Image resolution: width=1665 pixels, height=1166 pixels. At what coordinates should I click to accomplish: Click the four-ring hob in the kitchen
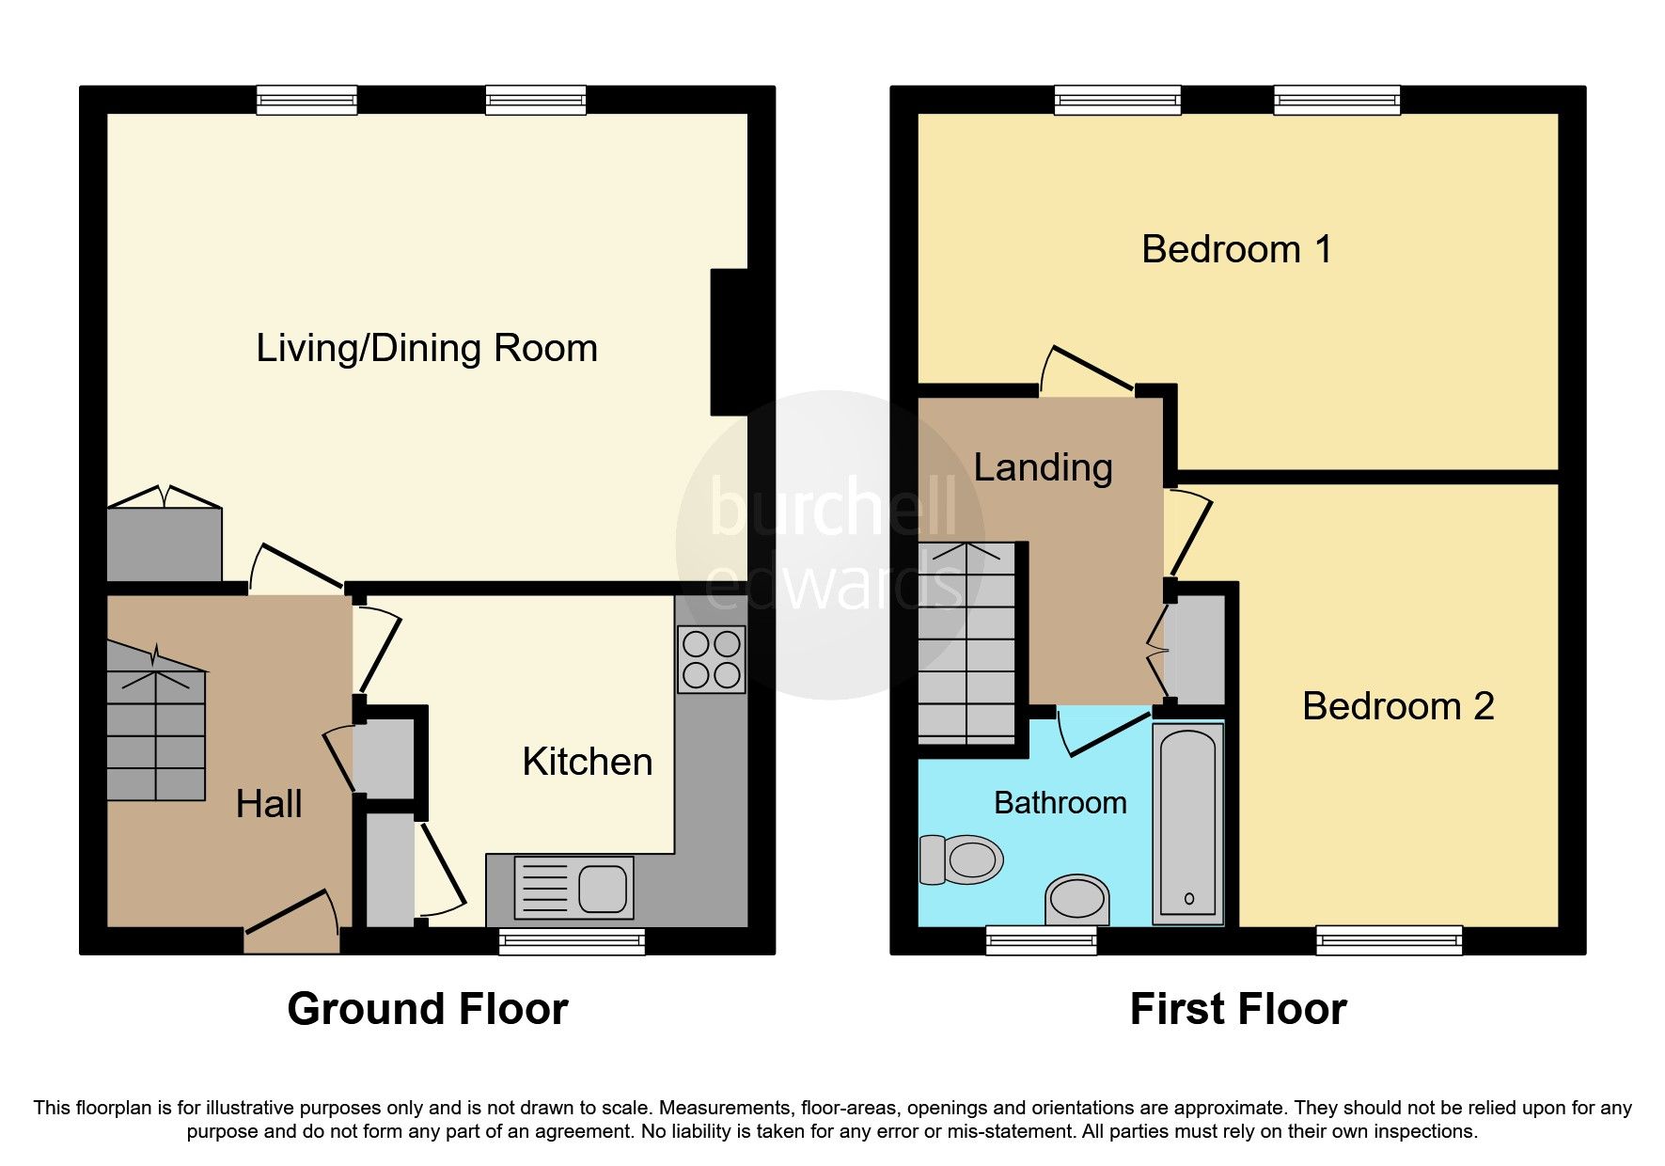pyautogui.click(x=712, y=659)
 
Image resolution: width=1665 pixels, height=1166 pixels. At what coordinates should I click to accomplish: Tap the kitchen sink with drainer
pyautogui.click(x=573, y=888)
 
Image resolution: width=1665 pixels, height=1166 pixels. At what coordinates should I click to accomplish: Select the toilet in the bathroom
pyautogui.click(x=960, y=859)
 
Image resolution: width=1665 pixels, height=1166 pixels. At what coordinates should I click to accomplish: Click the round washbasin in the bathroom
pyautogui.click(x=1077, y=900)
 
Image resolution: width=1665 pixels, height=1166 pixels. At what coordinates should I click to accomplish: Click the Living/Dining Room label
pyautogui.click(x=427, y=349)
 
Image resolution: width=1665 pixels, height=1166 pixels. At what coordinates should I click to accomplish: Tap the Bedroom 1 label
pyautogui.click(x=1236, y=250)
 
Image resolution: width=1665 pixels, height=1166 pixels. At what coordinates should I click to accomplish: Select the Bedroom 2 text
pyautogui.click(x=1398, y=706)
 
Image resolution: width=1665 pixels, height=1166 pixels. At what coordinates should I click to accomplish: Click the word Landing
pyautogui.click(x=1043, y=467)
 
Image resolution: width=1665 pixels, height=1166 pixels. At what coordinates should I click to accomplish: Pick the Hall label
pyautogui.click(x=269, y=805)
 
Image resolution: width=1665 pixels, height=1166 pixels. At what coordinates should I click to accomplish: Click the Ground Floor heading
pyautogui.click(x=428, y=1010)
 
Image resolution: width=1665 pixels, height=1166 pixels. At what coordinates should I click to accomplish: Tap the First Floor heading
pyautogui.click(x=1238, y=1010)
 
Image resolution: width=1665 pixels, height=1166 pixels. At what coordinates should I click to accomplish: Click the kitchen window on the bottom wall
pyautogui.click(x=572, y=941)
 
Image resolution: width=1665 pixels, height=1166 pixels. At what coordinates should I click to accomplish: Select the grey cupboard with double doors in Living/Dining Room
pyautogui.click(x=165, y=544)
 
